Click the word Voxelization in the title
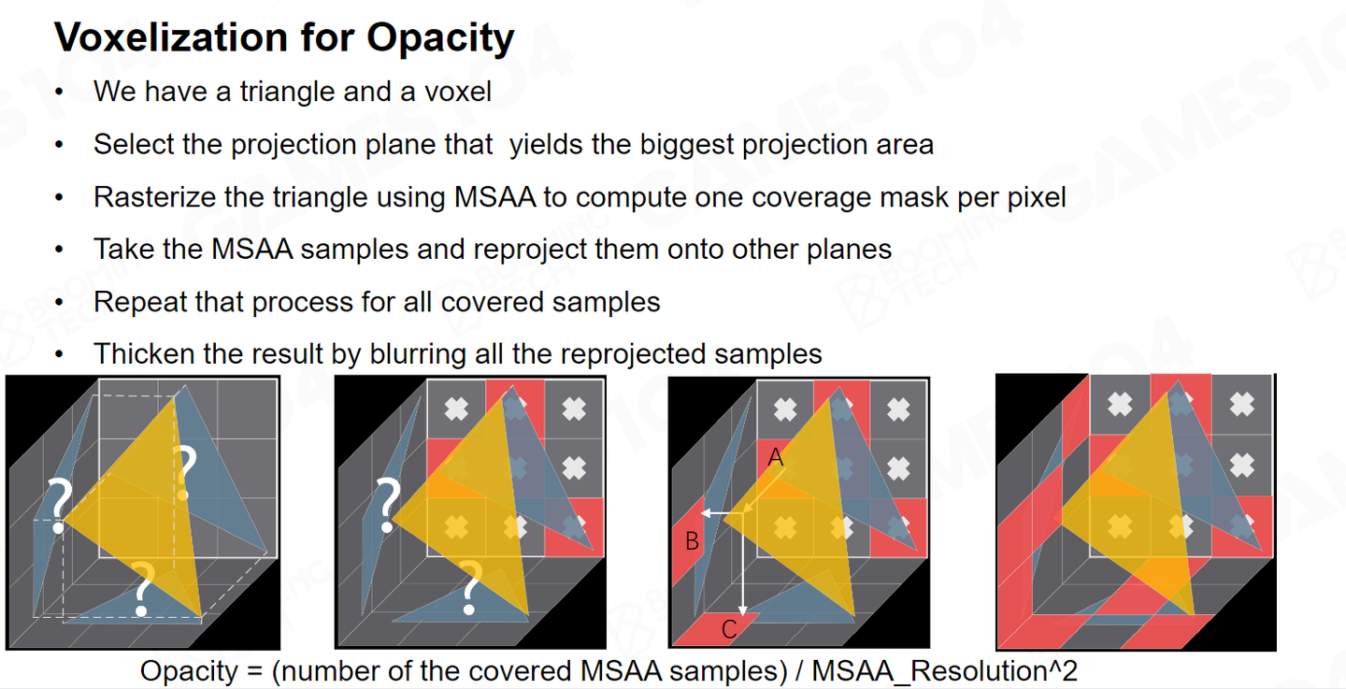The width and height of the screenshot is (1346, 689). click(172, 37)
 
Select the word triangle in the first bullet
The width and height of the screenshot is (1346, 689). click(287, 92)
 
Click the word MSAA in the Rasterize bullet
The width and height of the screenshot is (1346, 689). click(494, 197)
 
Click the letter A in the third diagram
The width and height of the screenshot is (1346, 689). click(776, 458)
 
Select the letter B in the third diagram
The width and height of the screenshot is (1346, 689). click(693, 541)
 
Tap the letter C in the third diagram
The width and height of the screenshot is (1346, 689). click(729, 629)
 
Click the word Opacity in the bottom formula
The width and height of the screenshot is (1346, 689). click(189, 671)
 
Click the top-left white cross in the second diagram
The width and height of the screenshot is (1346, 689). click(456, 409)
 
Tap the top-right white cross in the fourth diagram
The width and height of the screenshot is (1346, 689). click(1242, 404)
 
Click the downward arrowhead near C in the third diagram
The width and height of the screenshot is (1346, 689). click(743, 610)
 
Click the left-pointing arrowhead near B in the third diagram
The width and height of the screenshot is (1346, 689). click(707, 513)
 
